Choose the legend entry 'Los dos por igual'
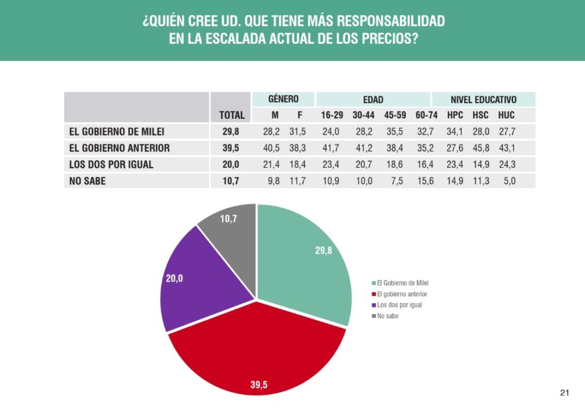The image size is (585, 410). (399, 305)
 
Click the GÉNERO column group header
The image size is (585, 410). (283, 99)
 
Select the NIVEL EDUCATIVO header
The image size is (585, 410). (483, 99)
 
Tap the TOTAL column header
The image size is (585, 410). (231, 115)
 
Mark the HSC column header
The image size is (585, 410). (480, 115)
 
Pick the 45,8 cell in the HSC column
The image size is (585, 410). (480, 148)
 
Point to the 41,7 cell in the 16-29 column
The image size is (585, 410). (330, 148)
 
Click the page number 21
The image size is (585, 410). (564, 392)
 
